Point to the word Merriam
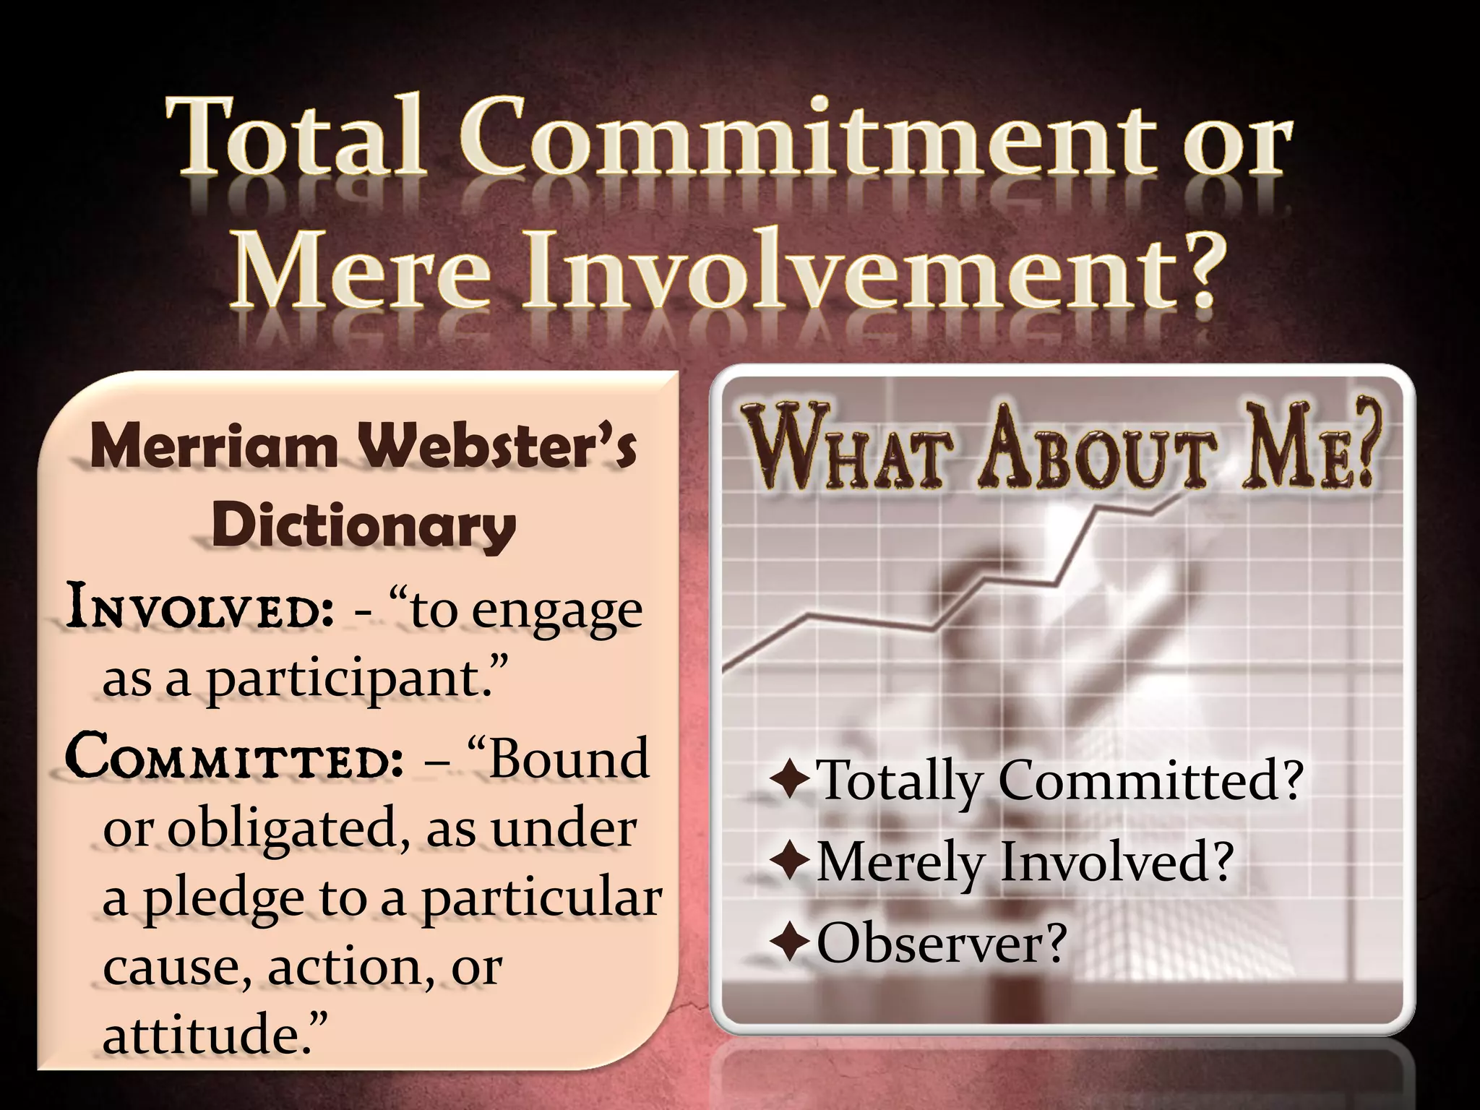(215, 446)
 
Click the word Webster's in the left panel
(500, 446)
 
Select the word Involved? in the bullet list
(1117, 861)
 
